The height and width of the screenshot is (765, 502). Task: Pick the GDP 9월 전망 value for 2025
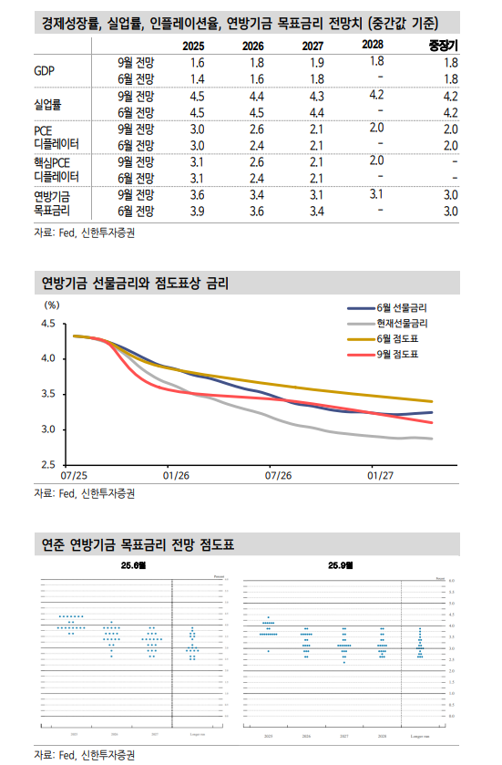click(x=198, y=62)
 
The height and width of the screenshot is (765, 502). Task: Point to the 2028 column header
click(x=372, y=45)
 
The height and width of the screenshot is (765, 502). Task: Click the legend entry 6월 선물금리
click(x=401, y=308)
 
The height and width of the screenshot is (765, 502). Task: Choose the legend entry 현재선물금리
click(x=401, y=323)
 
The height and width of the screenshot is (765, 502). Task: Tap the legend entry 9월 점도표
click(x=396, y=353)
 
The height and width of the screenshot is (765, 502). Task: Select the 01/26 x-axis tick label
click(x=175, y=476)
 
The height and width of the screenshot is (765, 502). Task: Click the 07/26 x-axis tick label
click(x=278, y=476)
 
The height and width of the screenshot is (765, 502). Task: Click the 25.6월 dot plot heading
click(x=133, y=566)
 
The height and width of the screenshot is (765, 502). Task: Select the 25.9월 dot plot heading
click(x=343, y=566)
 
